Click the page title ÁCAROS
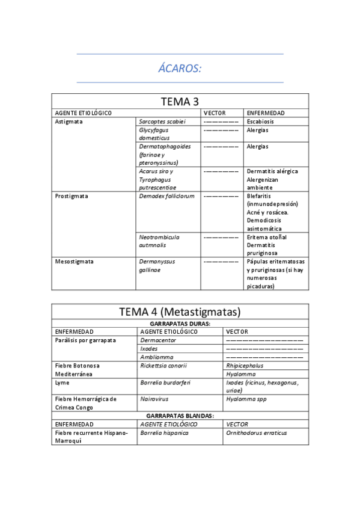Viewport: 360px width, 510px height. tap(180, 69)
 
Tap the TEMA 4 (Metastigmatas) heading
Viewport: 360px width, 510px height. tap(180, 312)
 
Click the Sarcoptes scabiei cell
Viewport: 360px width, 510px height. tap(162, 121)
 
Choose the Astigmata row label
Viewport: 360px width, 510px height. tap(69, 121)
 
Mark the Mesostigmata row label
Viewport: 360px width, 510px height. tap(74, 262)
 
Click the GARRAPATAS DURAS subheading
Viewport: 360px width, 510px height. tap(180, 323)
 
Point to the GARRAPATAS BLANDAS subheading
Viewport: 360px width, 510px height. tap(180, 416)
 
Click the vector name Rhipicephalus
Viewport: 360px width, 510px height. tap(245, 365)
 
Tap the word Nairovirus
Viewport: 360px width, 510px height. tap(154, 399)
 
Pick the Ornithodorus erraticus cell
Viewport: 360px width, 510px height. tap(256, 432)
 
